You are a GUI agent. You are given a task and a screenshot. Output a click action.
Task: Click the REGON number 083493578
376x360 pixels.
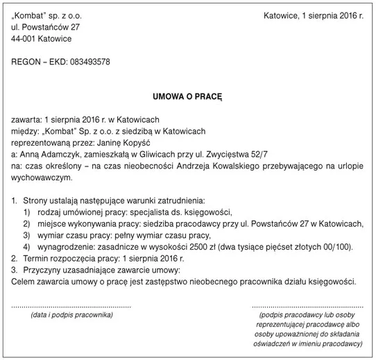pyautogui.click(x=87, y=62)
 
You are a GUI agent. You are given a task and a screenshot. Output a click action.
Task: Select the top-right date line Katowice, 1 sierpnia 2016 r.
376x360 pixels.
pyautogui.click(x=314, y=15)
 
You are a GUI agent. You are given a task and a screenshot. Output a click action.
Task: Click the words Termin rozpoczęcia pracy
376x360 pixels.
pyautogui.click(x=67, y=258)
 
